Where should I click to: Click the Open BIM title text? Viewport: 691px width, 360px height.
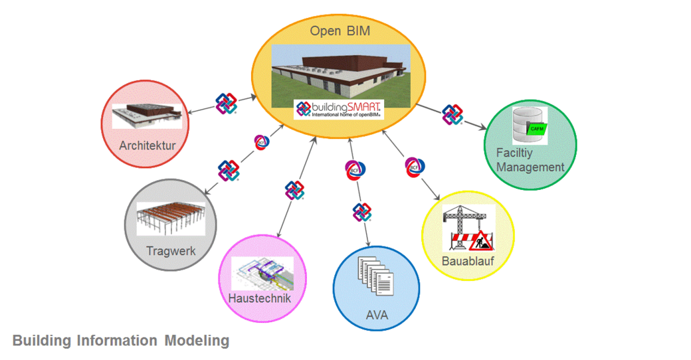tap(340, 31)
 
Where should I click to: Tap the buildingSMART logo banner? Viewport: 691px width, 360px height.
tap(340, 108)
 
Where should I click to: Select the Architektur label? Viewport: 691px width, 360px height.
tap(148, 144)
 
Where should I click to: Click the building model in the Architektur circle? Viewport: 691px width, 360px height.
tap(147, 116)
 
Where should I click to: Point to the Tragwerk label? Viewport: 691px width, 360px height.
tap(171, 251)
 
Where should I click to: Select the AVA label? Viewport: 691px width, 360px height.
tap(377, 315)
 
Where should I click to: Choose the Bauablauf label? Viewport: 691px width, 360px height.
tap(468, 261)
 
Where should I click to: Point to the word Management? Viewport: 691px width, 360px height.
tap(530, 167)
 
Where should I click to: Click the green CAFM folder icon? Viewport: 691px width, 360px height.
tap(536, 128)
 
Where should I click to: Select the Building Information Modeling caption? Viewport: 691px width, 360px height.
tap(121, 341)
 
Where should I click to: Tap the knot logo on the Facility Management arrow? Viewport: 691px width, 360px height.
tap(452, 114)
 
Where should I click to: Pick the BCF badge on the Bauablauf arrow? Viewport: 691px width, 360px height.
tap(414, 166)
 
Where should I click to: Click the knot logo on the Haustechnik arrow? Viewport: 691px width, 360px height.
tap(294, 190)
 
